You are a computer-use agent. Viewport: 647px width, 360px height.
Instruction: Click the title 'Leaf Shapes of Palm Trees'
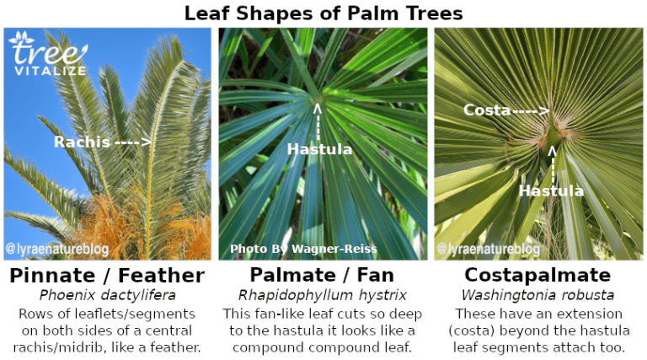pos(323,13)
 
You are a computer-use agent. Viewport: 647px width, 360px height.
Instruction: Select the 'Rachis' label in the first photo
pos(82,142)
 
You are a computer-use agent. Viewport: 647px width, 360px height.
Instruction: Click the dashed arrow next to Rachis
pos(132,142)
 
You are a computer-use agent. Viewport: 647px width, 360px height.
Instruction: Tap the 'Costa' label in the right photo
pos(487,110)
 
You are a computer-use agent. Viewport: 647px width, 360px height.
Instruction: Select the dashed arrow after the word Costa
pos(532,110)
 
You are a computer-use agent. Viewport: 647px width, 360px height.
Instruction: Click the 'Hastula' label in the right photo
pos(551,191)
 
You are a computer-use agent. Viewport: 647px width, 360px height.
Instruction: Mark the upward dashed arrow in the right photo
pos(553,163)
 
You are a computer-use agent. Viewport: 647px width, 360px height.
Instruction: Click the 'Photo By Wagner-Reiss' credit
pos(303,249)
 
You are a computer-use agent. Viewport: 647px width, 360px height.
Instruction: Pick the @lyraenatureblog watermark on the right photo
pos(489,250)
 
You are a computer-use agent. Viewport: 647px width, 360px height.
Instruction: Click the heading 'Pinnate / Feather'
pos(107,276)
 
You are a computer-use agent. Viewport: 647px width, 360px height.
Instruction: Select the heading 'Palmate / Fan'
pos(323,276)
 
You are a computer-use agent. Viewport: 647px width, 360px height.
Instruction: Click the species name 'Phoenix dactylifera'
pos(107,295)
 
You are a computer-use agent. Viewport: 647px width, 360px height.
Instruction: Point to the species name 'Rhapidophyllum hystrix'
pos(323,295)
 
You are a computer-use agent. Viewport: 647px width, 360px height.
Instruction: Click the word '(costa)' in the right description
pos(469,331)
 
